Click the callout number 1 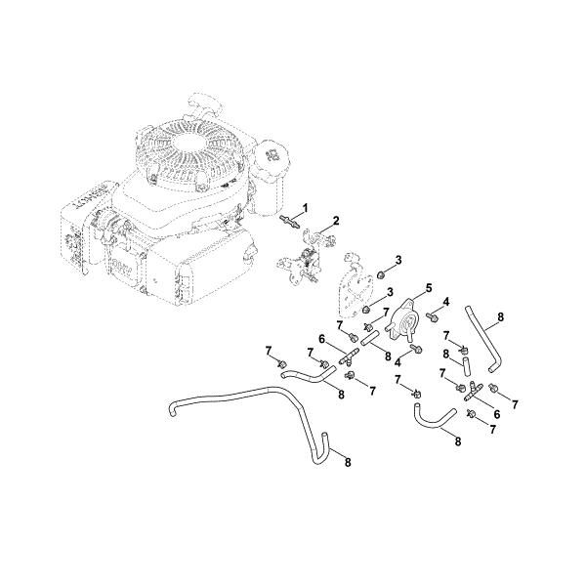(305, 207)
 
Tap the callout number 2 (337, 221)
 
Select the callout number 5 (426, 288)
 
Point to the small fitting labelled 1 (290, 223)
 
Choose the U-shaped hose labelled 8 (430, 423)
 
